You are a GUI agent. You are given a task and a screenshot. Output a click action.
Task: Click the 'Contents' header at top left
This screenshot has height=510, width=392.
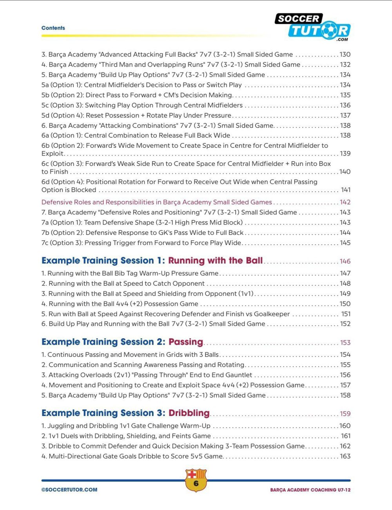[x=53, y=28]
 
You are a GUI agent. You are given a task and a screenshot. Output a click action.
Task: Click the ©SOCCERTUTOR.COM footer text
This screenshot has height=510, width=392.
[x=69, y=490]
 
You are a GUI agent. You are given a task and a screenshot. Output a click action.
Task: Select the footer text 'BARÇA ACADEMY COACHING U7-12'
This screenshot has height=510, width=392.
[x=310, y=490]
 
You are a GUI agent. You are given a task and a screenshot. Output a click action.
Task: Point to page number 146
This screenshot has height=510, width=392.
[x=345, y=261]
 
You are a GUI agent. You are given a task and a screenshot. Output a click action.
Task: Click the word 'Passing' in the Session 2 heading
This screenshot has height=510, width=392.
[x=186, y=342]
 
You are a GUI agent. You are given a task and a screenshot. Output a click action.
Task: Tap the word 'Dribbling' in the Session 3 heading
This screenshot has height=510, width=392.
[x=189, y=413]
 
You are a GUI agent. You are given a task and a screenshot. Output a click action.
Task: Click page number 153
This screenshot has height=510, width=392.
[x=345, y=343]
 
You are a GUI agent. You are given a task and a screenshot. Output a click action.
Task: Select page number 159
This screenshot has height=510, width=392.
[x=345, y=414]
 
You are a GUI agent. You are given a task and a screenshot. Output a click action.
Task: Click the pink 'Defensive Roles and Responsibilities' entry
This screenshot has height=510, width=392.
[x=156, y=202]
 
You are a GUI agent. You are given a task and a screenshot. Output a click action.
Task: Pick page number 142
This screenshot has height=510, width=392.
[x=345, y=202]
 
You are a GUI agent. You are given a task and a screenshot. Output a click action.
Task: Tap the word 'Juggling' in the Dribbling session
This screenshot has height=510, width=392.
[x=61, y=426]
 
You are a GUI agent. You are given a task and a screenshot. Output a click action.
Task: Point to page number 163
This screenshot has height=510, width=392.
[x=345, y=456]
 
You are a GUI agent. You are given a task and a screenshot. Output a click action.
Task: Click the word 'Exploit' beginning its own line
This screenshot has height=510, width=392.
[x=52, y=154]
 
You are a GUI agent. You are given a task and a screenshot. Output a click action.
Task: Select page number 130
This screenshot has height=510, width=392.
[x=345, y=54]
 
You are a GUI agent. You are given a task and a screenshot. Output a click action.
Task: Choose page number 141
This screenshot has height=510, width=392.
[x=345, y=190]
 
